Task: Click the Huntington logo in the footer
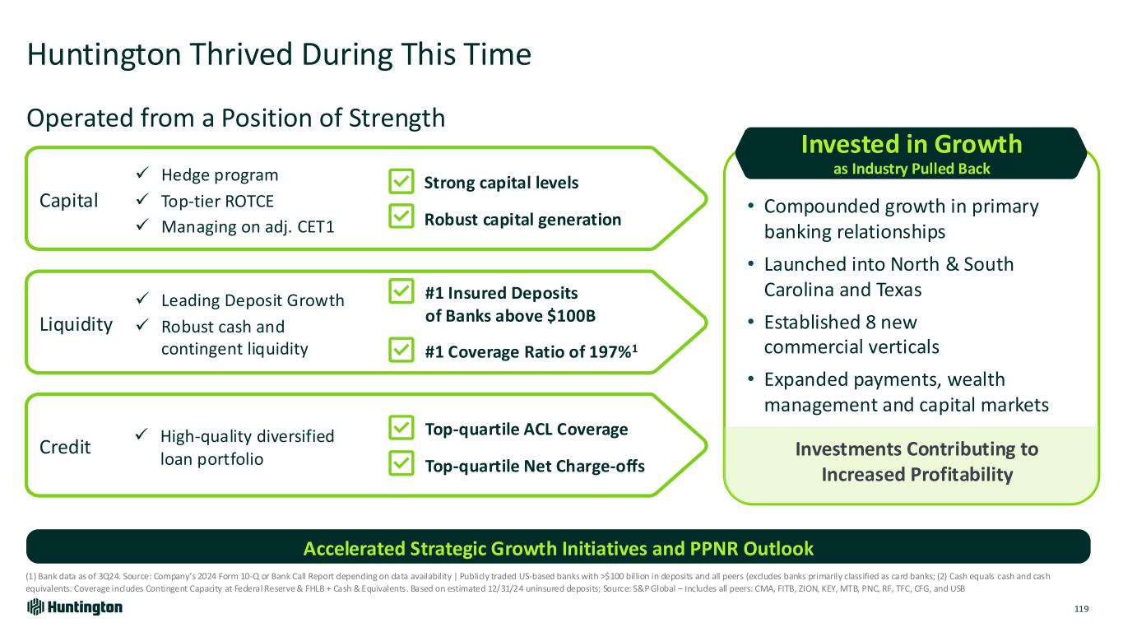75,607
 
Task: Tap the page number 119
1081,609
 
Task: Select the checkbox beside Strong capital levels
401,182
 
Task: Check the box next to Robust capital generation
401,216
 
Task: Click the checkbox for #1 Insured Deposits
401,291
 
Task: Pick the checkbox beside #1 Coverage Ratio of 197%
401,350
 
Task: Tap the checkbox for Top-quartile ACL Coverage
401,428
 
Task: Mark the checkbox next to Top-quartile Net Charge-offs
401,463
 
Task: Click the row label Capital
68,201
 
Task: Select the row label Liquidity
77,324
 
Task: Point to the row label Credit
65,448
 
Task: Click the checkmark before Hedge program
142,173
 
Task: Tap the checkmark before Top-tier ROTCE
142,199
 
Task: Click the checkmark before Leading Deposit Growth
142,299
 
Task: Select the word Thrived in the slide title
240,54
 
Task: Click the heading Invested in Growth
912,145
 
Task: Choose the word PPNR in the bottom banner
714,549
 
